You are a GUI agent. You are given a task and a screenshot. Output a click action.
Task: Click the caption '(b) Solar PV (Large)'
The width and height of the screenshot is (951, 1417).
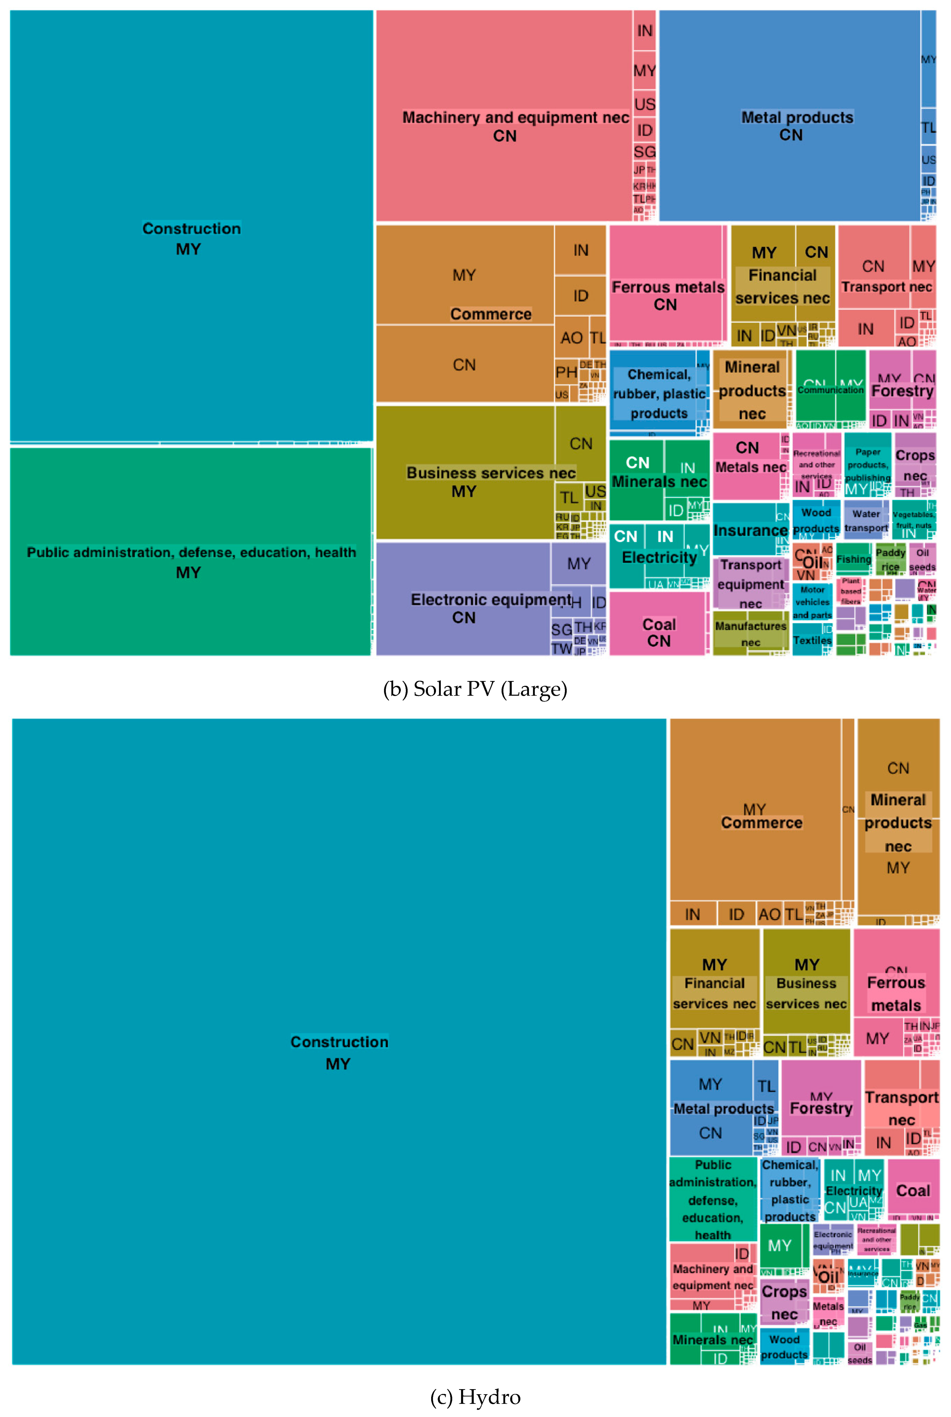coord(475,689)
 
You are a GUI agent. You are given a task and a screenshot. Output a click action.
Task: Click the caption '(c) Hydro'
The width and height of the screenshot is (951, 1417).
coord(475,1396)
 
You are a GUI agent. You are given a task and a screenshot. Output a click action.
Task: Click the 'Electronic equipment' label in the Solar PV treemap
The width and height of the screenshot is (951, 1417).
coord(490,600)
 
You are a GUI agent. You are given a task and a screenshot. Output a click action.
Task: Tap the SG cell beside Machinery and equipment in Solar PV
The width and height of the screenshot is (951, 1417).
coord(644,152)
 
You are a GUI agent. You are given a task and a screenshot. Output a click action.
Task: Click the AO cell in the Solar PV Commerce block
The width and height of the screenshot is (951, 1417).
coord(571,338)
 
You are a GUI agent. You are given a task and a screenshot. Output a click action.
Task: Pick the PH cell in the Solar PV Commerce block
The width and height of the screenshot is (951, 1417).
coord(566,372)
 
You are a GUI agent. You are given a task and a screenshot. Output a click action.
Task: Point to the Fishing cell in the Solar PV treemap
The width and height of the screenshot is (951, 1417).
coord(853,559)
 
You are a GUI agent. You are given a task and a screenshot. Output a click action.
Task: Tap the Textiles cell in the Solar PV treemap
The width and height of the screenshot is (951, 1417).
coord(812,641)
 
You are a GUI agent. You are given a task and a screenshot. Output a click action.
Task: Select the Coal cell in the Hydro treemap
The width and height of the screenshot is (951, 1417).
coord(913,1191)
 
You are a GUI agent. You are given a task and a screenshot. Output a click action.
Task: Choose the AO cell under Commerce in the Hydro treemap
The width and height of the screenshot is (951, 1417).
coord(769,914)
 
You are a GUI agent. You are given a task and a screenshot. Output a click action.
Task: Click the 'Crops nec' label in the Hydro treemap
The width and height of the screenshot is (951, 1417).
coord(784,1302)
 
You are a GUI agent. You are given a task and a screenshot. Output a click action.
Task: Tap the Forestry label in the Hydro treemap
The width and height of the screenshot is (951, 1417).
coord(821,1108)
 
